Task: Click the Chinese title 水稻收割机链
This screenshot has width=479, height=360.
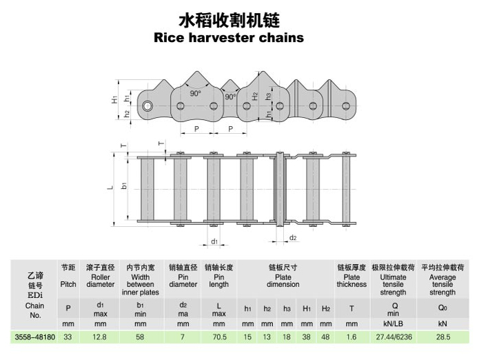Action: [228, 18]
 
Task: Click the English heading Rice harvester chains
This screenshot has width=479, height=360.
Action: [228, 37]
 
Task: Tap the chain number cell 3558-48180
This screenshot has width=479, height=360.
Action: [34, 338]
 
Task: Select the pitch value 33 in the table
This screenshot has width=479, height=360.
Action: [68, 338]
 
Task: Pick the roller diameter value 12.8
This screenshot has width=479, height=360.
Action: [100, 338]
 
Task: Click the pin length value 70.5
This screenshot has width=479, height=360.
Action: [218, 338]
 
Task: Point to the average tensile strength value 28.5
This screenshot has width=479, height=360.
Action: [442, 338]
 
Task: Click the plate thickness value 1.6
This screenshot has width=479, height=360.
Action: [351, 338]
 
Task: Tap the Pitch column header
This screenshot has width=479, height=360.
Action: [68, 283]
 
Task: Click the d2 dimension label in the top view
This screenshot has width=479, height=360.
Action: [293, 238]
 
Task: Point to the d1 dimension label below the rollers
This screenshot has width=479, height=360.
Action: [214, 242]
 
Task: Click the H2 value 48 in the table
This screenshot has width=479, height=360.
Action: [326, 338]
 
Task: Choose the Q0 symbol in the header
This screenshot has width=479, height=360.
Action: [442, 308]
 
